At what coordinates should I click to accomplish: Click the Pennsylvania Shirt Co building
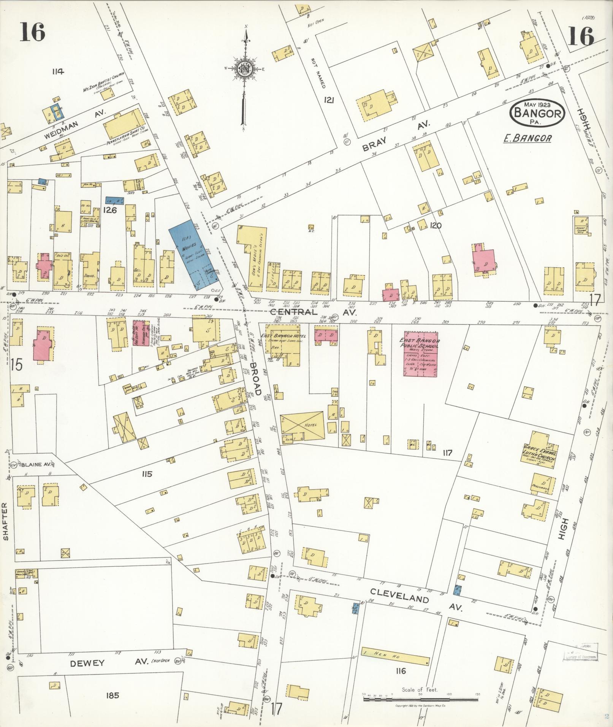point(125,125)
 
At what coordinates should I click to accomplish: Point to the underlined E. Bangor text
point(527,138)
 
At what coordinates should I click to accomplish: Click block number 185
point(113,695)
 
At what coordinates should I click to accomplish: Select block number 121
point(329,100)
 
